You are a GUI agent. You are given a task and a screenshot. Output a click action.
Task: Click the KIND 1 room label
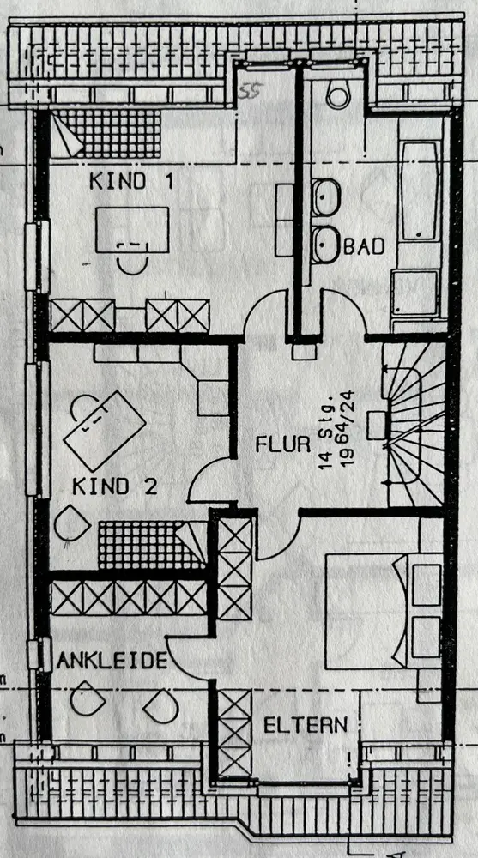point(131,181)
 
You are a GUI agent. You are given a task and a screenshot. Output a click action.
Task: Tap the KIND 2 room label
point(115,486)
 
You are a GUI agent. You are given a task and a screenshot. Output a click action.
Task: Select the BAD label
point(364,247)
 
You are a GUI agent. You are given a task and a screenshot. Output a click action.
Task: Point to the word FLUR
point(283,444)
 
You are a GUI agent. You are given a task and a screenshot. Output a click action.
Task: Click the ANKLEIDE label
point(112,661)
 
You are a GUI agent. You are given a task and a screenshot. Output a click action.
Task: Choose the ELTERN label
point(306,725)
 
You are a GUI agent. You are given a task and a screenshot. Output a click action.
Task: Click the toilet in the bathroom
point(338,93)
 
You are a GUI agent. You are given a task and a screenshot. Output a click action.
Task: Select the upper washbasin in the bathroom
point(326,197)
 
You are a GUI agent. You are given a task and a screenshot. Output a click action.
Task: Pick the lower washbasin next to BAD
point(326,245)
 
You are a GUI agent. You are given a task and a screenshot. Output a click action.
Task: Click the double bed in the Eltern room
point(384,611)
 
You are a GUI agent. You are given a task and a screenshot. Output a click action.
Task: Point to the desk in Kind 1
point(132,230)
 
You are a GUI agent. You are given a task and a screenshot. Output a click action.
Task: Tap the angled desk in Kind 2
point(105,431)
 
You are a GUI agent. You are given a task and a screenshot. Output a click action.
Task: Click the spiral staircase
point(415,424)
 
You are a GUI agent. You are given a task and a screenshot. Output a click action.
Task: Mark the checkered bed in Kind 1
point(106,134)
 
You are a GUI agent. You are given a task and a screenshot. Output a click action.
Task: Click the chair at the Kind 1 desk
point(132,259)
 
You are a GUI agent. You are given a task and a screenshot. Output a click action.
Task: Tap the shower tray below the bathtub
point(415,293)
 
